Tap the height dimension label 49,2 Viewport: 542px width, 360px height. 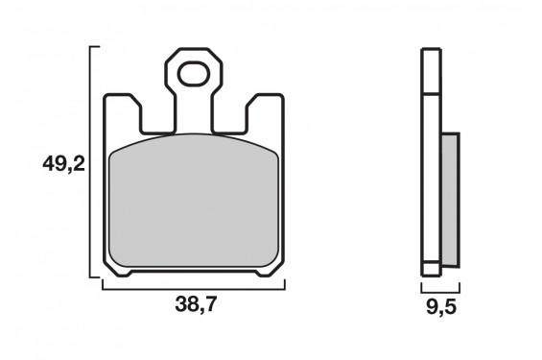pyautogui.click(x=63, y=165)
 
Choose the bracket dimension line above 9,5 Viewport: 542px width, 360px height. pyautogui.click(x=440, y=287)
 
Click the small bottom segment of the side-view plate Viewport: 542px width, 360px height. pyautogui.click(x=430, y=270)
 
